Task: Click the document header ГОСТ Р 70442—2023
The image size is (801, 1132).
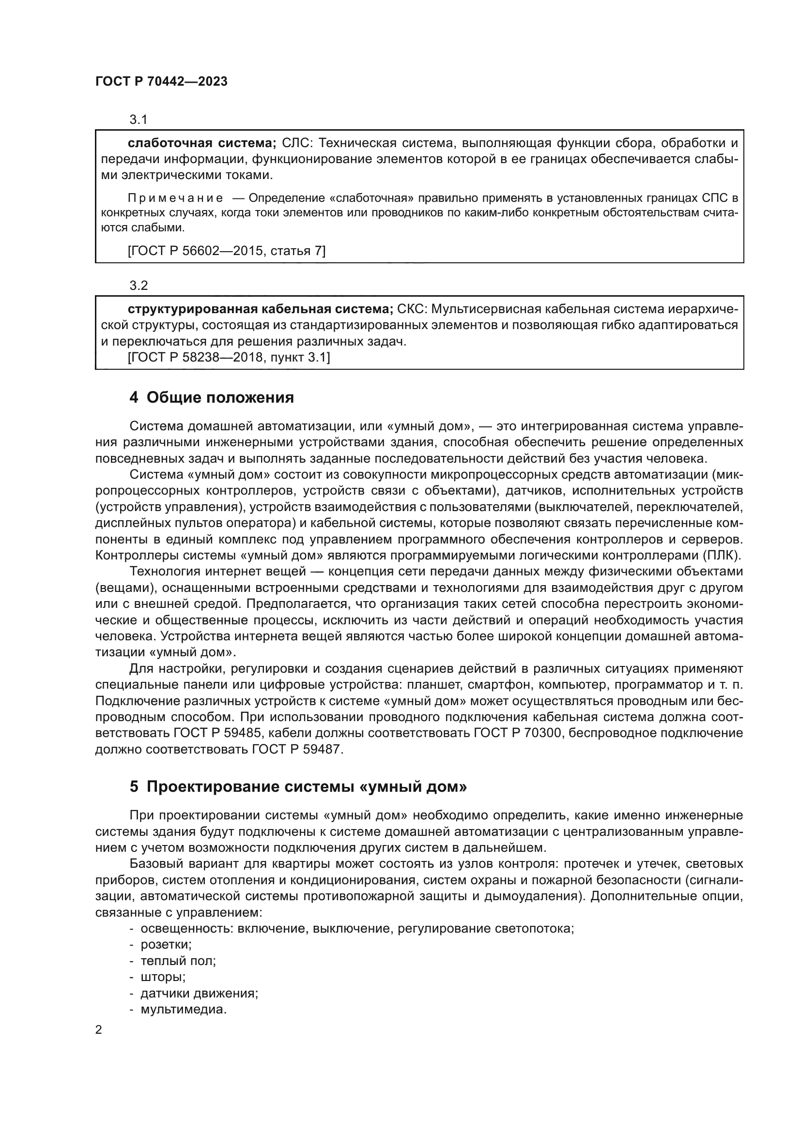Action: (161, 82)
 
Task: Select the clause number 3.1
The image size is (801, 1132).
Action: (138, 120)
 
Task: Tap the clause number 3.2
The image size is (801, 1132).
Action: (138, 285)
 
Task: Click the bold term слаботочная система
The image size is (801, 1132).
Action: (202, 143)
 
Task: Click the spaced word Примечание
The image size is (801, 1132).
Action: (175, 198)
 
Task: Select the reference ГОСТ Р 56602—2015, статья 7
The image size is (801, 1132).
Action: (226, 251)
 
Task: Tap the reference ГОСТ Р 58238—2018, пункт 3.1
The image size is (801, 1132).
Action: (229, 357)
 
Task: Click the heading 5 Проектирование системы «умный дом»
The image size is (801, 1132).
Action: (298, 786)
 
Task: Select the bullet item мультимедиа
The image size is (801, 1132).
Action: (184, 1009)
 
